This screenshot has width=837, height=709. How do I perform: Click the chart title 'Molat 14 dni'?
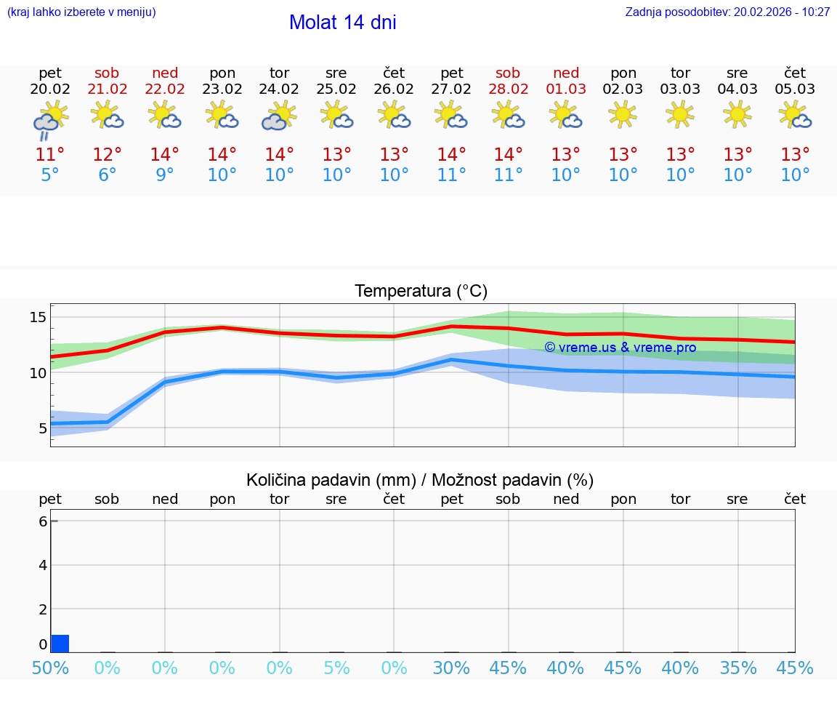click(342, 23)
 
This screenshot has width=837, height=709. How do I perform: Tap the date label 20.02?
click(50, 89)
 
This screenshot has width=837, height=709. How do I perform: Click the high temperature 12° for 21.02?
click(107, 155)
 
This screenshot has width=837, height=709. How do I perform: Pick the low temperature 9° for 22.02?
click(165, 175)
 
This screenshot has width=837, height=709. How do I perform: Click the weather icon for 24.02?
click(279, 116)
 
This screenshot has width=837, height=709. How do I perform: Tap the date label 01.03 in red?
click(566, 89)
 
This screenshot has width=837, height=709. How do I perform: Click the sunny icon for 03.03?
click(680, 115)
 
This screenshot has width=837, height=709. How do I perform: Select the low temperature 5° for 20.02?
click(50, 175)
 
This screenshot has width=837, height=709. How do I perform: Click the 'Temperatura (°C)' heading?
click(421, 292)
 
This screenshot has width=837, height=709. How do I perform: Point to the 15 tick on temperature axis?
click(38, 317)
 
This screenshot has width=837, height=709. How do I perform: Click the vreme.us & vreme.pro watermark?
click(620, 348)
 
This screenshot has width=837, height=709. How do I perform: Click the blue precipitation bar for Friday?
click(60, 644)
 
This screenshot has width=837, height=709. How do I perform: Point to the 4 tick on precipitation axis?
click(43, 565)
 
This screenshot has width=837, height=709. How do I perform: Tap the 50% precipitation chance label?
click(50, 668)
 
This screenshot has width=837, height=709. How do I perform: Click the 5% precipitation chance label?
click(336, 668)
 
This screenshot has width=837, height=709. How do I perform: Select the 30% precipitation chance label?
click(451, 668)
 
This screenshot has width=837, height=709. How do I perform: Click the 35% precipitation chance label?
click(737, 668)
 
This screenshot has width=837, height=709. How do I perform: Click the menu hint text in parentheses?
click(81, 12)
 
